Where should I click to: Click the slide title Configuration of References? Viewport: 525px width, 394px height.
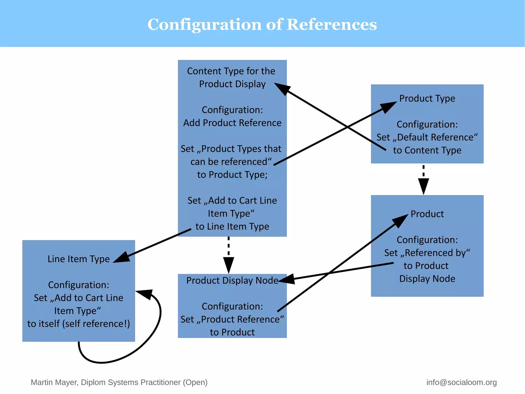tap(262, 24)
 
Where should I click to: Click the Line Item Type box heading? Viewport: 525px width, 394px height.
tap(78, 259)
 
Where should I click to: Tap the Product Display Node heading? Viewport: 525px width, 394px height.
tap(232, 280)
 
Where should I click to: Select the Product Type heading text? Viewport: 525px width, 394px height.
tap(427, 98)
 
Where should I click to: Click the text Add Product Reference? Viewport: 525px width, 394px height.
tap(232, 123)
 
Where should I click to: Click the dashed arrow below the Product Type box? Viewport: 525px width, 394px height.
tap(423, 180)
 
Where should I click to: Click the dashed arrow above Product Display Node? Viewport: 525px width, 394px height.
tap(228, 255)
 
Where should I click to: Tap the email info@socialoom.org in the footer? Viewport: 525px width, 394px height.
tap(461, 382)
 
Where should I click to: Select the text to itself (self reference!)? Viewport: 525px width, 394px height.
tap(78, 324)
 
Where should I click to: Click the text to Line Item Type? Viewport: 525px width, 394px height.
tap(232, 227)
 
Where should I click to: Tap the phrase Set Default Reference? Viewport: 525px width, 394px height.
tap(427, 137)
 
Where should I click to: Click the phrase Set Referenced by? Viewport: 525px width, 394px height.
tap(427, 253)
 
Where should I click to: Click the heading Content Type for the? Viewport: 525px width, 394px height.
tap(231, 71)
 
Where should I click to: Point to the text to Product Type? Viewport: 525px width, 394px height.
tap(232, 175)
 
